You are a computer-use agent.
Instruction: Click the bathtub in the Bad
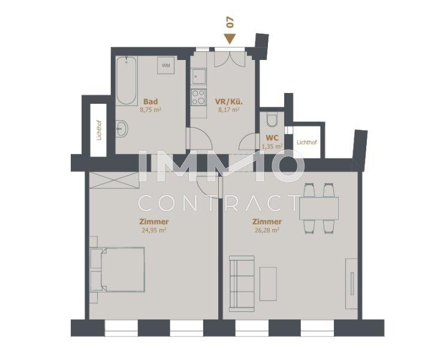pos(126,80)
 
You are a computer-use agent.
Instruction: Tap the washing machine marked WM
pos(166,65)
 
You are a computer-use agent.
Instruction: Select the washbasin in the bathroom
pos(122,128)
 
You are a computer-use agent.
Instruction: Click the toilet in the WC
pos(272,120)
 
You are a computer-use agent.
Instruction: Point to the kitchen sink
pos(198,76)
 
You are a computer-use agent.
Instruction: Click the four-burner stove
pos(198,97)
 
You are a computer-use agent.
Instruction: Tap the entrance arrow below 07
pos(230,39)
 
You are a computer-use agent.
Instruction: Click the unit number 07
pos(230,22)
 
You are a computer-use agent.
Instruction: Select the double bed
pos(117,269)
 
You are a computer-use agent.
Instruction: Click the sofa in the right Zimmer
pos(242,284)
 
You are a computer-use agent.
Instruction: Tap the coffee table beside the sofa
pos(268,284)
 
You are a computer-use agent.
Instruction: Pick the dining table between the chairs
pos(319,208)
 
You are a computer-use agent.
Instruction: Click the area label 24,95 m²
pos(153,230)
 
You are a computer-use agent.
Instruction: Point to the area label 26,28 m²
pos(267,230)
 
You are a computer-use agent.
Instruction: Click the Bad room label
pos(150,101)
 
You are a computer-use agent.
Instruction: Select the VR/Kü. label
pos(229,101)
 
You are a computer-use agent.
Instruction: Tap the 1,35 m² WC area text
pos(272,146)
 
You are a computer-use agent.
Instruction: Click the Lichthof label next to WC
pos(307,142)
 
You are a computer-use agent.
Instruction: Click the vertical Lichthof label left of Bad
pos(99,130)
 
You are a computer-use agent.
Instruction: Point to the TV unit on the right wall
pos(352,284)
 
